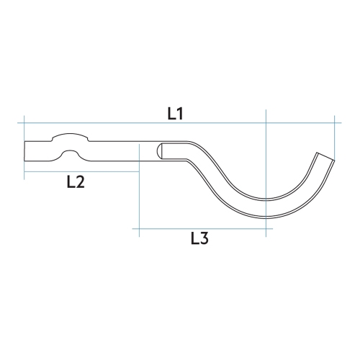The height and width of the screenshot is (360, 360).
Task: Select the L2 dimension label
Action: pos(75,182)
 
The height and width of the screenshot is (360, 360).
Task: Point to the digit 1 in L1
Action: pos(182,113)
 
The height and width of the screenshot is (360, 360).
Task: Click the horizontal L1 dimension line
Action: pos(108,123)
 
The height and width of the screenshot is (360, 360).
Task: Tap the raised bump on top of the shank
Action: pos(71,136)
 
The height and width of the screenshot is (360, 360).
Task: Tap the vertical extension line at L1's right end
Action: pos(338,133)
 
